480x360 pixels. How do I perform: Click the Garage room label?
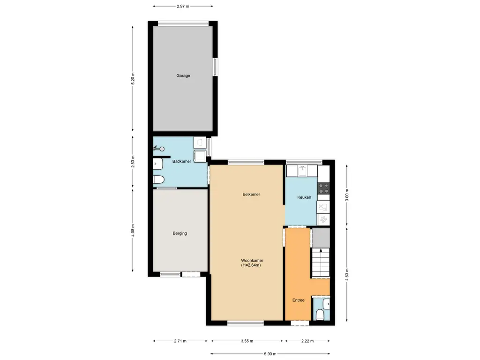tap(183, 75)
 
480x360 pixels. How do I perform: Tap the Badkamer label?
tap(181, 161)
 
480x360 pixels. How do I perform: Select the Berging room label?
tap(180, 233)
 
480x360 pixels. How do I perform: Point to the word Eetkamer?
tap(251, 195)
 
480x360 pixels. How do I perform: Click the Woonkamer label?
tap(252, 261)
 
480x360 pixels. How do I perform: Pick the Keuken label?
tap(304, 197)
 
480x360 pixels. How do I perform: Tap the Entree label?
tap(298, 300)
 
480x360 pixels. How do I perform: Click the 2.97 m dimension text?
tap(183, 6)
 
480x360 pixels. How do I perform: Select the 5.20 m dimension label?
tap(133, 79)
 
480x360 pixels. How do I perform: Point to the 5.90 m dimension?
tap(270, 354)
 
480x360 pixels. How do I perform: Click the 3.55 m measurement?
tap(247, 341)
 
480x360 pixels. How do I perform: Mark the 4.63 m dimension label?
tap(347, 275)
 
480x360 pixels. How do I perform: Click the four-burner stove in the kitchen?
tap(323, 188)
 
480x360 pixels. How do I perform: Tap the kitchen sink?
tap(302, 171)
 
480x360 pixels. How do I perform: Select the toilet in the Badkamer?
tap(158, 180)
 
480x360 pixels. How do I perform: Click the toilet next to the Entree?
tap(320, 315)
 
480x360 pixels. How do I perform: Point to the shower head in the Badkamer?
tap(159, 149)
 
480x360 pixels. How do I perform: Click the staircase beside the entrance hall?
tap(321, 262)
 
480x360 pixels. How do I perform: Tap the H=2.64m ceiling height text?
tap(251, 265)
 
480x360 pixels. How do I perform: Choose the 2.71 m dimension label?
tap(180, 341)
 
